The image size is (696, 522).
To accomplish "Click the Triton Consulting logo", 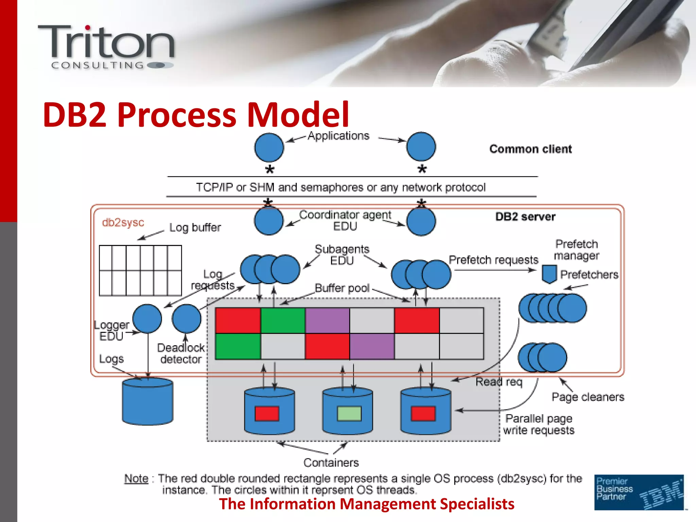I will coord(106,47).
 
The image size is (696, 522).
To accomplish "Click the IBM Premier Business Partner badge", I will coord(639,492).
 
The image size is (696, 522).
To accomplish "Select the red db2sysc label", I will coord(123,223).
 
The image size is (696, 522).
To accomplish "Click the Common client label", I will coord(530,149).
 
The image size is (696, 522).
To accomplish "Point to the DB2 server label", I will coord(525,216).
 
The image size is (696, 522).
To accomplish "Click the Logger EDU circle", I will coord(147,318).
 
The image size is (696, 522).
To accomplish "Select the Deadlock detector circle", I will coord(186,318).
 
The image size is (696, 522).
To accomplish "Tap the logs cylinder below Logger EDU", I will coord(147,402).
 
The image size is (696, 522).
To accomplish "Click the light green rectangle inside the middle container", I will coord(349,414).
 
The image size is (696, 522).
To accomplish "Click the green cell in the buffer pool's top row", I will coord(283,320).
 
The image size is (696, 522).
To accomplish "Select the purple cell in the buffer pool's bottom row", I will coord(372,346).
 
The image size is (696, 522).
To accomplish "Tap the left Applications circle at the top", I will coord(269,147).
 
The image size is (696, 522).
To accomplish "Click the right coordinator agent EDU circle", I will coord(421,222).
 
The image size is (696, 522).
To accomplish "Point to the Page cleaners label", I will coord(588,397).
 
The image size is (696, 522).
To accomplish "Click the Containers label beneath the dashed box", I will coord(331,463).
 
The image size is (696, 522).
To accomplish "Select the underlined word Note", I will coord(136,478).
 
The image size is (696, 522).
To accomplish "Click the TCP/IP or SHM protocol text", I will coord(341,187).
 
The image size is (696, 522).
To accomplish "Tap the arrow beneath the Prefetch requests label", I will coord(494,270).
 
